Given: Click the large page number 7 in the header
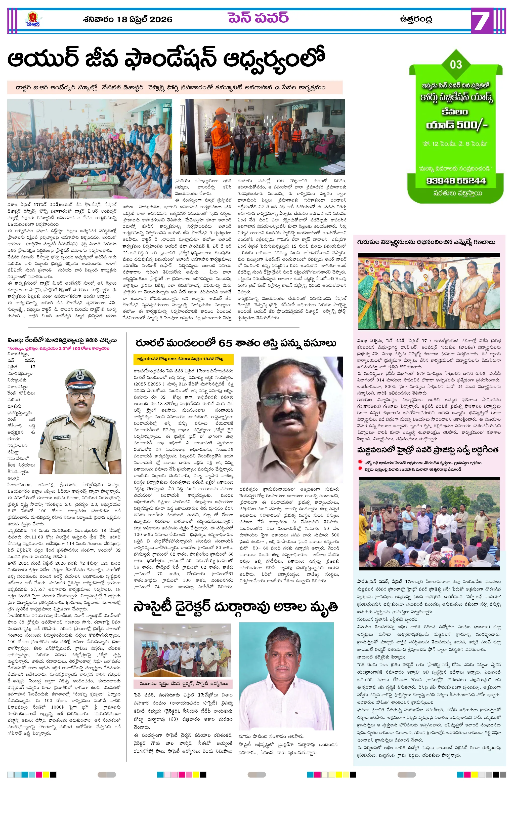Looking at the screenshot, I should pos(481,21).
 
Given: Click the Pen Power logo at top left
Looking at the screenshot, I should pos(32,19).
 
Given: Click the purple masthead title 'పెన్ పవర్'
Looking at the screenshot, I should pos(258,18).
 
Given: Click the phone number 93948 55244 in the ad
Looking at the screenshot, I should pos(456,181).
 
